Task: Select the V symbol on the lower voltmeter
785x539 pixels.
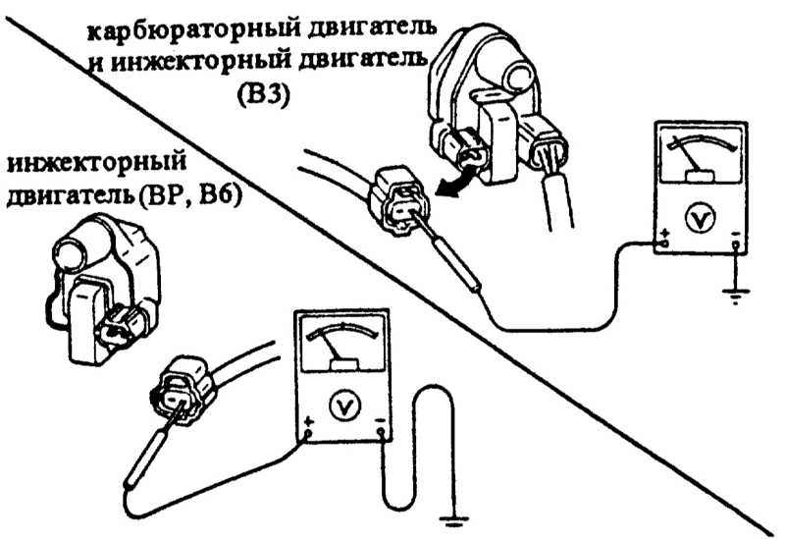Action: coord(342,404)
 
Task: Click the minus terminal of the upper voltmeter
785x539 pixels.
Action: coord(736,239)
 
